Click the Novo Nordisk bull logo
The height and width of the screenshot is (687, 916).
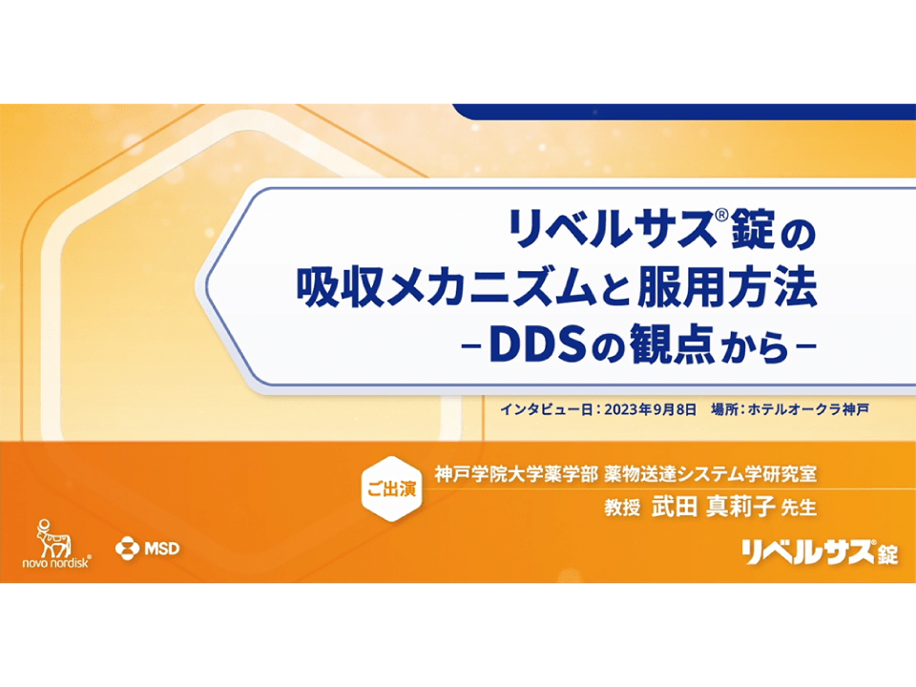(x=56, y=543)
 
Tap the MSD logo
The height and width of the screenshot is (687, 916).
(x=147, y=549)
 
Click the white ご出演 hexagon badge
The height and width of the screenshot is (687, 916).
(x=391, y=489)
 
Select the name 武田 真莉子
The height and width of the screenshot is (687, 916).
(x=713, y=506)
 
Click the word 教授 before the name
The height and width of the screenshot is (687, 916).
(x=622, y=507)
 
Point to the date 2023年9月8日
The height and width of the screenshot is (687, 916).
(x=650, y=409)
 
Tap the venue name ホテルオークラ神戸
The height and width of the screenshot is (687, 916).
(x=808, y=409)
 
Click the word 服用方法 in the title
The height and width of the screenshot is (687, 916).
(x=727, y=287)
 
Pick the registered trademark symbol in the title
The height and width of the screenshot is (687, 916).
(x=721, y=216)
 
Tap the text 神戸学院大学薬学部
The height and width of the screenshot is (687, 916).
(x=516, y=474)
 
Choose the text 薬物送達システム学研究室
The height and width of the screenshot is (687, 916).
(x=710, y=474)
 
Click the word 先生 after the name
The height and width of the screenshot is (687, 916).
(x=799, y=507)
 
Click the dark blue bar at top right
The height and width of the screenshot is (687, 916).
(x=684, y=112)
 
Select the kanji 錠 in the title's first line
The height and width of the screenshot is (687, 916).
(x=753, y=228)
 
